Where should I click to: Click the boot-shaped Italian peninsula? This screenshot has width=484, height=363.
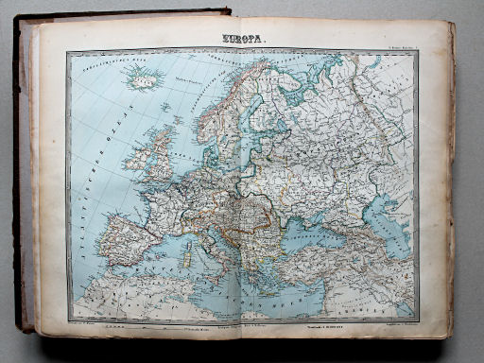pos(212,241)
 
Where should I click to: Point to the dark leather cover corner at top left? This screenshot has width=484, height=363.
pos(23,20)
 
